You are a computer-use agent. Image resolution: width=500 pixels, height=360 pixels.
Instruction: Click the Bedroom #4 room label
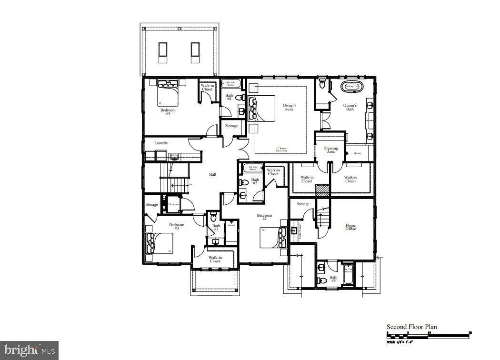(168, 112)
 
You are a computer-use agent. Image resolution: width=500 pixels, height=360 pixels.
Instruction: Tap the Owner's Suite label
(290, 107)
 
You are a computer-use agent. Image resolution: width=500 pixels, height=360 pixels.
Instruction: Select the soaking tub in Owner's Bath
(352, 87)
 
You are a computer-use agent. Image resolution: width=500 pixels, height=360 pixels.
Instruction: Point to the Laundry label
(161, 143)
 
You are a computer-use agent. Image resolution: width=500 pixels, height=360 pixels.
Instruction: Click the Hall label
(213, 174)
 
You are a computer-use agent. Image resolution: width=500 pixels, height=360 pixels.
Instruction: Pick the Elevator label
(173, 204)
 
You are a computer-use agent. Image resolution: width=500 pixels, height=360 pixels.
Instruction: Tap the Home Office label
(350, 227)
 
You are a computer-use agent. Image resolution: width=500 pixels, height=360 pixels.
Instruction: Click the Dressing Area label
(330, 150)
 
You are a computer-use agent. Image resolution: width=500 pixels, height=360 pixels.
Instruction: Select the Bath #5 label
(333, 279)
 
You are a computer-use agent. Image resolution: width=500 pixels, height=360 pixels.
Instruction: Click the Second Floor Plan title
(411, 327)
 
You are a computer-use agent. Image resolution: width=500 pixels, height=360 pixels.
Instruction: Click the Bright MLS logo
(29, 350)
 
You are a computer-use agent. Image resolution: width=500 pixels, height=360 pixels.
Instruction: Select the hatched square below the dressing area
(322, 189)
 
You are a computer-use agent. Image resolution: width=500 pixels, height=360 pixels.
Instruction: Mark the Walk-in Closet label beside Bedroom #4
(207, 87)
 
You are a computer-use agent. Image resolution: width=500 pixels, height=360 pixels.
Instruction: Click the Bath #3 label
(216, 228)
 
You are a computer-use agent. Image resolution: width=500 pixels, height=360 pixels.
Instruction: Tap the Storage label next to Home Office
(303, 204)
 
